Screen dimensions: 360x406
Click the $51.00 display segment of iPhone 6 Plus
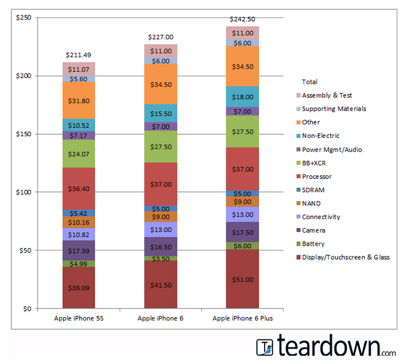tap(243, 279)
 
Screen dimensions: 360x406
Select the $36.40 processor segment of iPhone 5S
tap(79, 188)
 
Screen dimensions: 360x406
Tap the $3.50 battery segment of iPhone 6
tap(160, 258)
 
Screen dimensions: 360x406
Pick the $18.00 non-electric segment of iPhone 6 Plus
tap(243, 97)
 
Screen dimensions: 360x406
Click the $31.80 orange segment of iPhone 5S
tap(79, 100)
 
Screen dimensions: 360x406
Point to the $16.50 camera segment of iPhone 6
tap(160, 246)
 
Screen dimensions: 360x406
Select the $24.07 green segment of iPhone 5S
tap(79, 153)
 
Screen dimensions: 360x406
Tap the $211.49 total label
tap(79, 55)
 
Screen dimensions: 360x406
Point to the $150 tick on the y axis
tap(24, 134)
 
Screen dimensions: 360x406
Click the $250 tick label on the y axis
tap(24, 18)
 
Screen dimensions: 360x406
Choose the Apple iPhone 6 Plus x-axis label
tap(243, 318)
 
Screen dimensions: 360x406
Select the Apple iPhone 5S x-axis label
tap(79, 318)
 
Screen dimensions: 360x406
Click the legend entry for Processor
tap(317, 176)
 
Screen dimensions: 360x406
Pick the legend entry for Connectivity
tap(321, 217)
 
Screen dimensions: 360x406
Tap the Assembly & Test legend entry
tap(327, 95)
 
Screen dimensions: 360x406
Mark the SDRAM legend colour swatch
tap(297, 190)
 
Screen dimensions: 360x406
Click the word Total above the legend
tap(309, 82)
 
